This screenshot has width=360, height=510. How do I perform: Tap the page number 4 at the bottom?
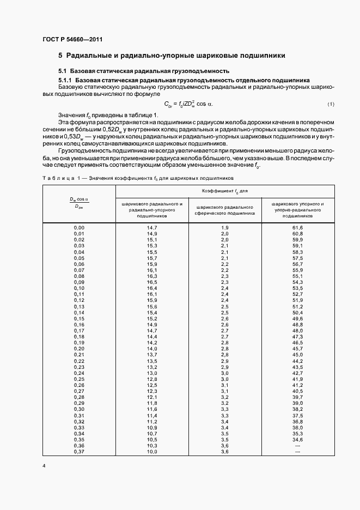coord(44,466)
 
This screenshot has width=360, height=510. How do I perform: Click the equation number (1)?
coord(331,104)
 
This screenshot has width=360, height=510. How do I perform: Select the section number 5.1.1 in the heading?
coord(66,80)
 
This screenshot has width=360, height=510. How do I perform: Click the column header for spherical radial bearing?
coord(224,210)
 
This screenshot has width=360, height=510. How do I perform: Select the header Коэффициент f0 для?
coord(224,191)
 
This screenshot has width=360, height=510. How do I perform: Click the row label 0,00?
coord(79,227)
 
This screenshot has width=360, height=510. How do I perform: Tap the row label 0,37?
coord(79,452)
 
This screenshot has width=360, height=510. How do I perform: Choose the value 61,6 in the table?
coord(297,227)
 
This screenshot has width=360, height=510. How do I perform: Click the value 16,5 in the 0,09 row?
coord(151,282)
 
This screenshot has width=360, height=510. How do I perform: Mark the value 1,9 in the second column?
coord(224,227)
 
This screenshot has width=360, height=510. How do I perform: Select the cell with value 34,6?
coord(297,439)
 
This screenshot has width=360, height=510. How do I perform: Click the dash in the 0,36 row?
coord(297,446)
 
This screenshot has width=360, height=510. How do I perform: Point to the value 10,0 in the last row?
coord(151,452)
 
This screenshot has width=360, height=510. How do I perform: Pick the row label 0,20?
coord(79,348)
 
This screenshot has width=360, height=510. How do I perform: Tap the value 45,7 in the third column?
coord(297,348)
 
